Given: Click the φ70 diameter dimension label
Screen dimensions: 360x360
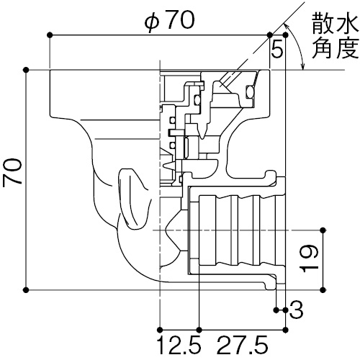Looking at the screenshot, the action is [169, 20].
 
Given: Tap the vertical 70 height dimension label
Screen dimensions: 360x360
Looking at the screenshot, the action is [12, 171].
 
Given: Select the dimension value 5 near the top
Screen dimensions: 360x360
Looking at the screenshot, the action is [277, 50].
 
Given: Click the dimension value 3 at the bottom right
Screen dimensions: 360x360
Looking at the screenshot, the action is [296, 310].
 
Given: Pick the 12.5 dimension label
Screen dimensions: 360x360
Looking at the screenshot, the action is [179, 346].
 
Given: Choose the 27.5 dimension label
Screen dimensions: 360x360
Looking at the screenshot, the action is [243, 346].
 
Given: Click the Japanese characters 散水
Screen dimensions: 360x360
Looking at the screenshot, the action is [336, 23].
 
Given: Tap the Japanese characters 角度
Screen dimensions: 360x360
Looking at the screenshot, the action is [336, 48].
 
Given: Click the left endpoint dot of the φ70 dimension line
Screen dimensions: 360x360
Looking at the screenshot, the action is [50, 35].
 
